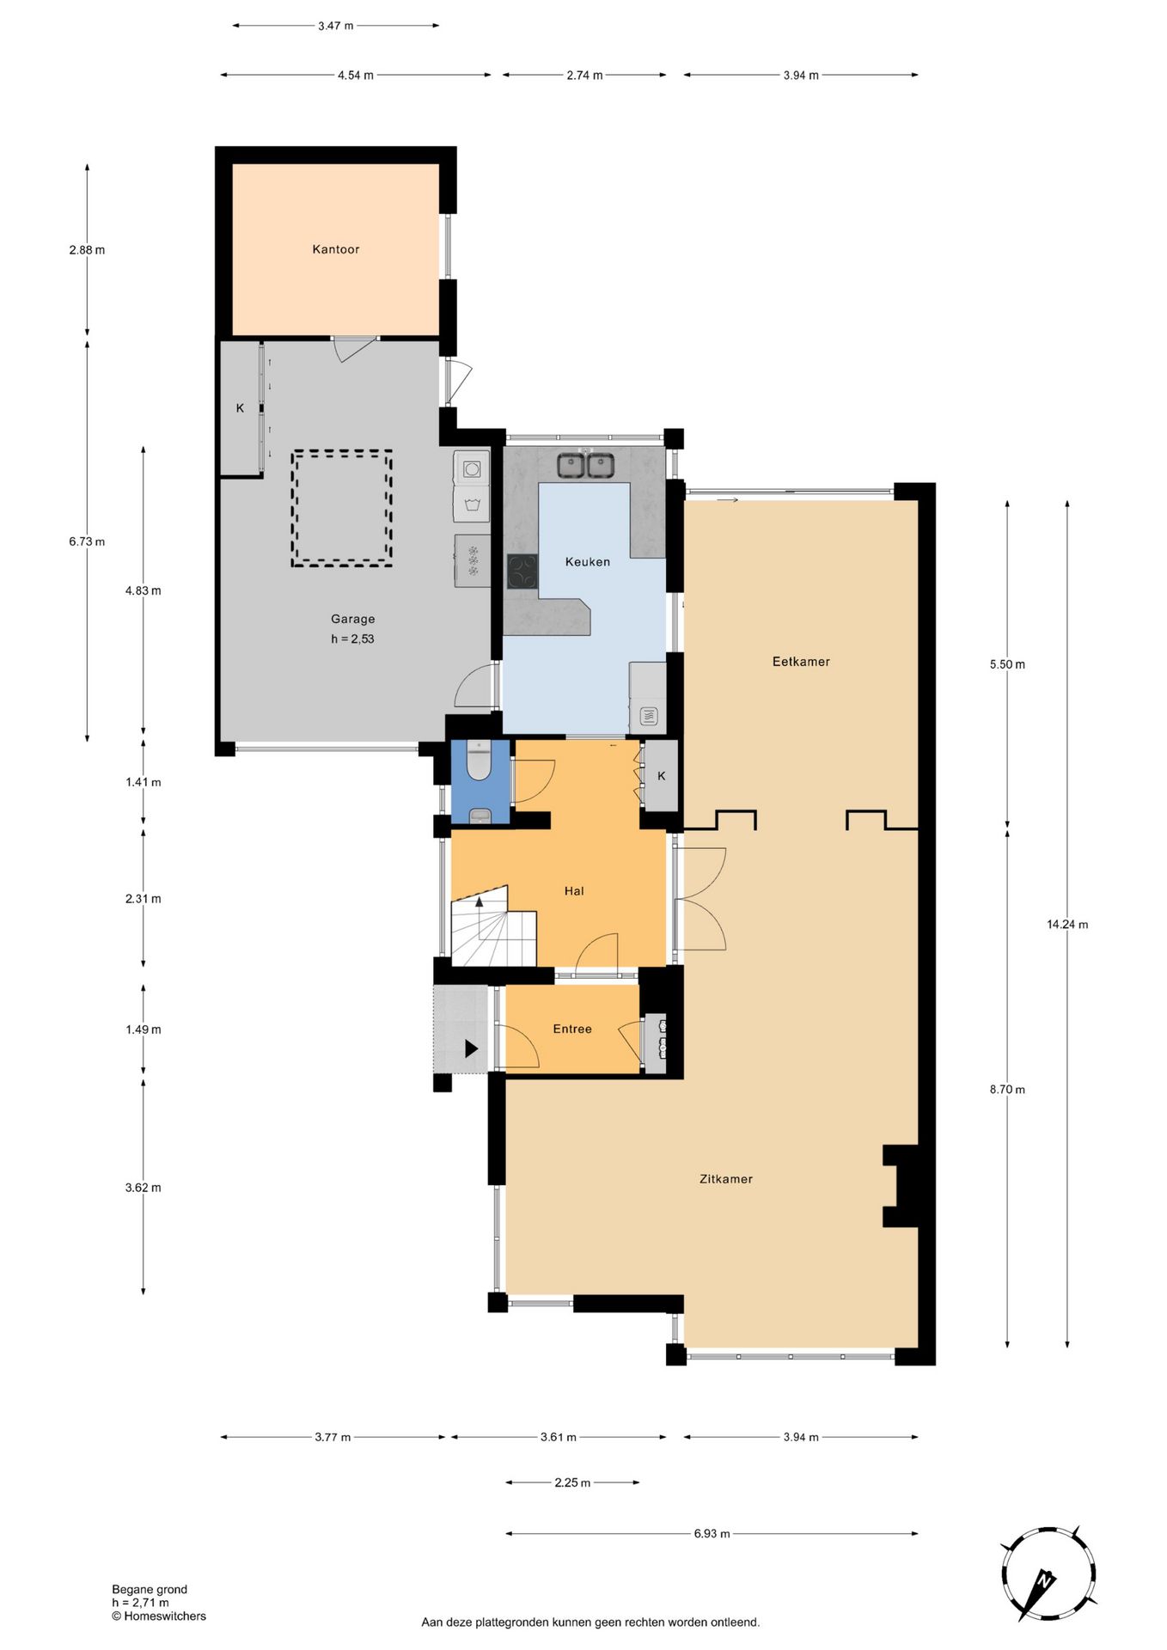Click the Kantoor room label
335,249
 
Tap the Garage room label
352,619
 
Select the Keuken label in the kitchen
588,562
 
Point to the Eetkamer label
801,662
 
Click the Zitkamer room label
726,1179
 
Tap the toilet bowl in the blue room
479,761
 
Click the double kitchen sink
585,465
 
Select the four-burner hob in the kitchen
522,571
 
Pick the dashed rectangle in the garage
341,508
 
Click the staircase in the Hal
493,926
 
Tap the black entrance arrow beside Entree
471,1048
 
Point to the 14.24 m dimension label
1067,925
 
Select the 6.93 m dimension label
712,1533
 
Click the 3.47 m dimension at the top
335,26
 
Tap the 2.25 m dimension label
572,1482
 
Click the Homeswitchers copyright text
159,1616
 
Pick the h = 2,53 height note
352,639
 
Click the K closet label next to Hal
662,776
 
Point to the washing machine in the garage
472,468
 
